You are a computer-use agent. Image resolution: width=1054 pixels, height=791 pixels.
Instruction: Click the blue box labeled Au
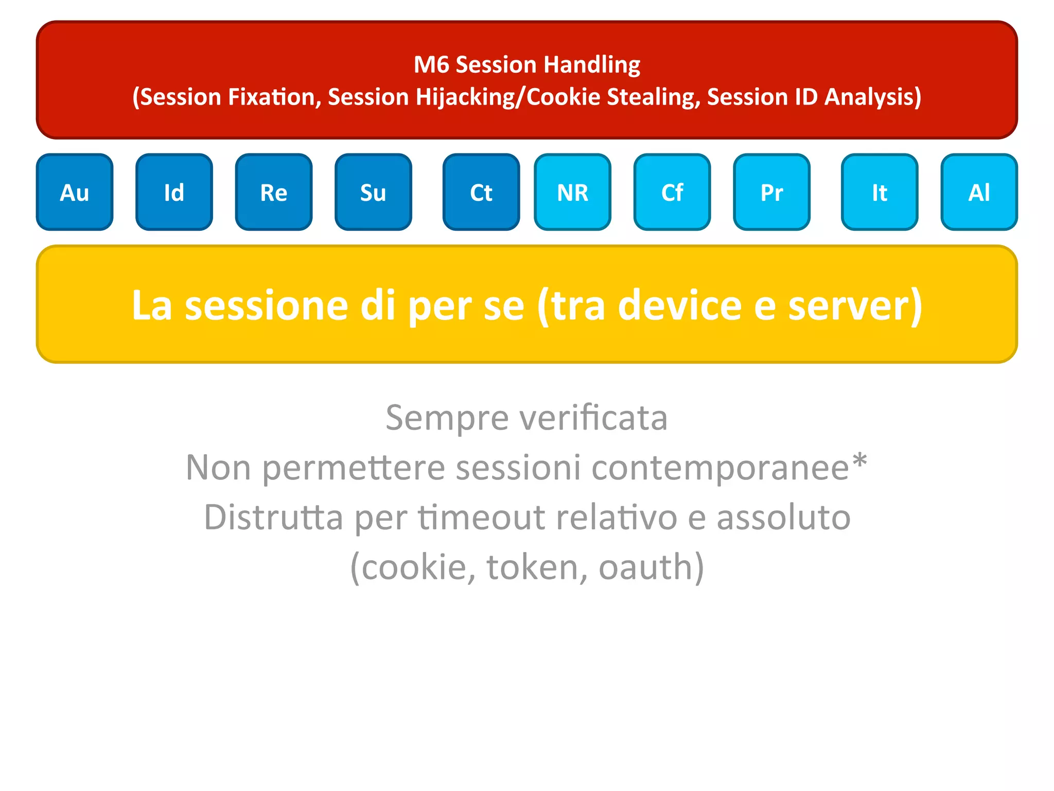(x=75, y=192)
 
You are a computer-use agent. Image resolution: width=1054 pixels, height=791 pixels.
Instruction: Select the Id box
(x=174, y=192)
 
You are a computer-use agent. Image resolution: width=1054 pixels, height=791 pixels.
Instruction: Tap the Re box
(x=273, y=192)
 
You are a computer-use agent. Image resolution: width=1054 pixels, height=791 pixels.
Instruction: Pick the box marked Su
(x=373, y=192)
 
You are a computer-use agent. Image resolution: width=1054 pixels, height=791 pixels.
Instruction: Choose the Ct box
(x=481, y=192)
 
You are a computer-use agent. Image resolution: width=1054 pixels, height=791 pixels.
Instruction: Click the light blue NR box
(x=572, y=192)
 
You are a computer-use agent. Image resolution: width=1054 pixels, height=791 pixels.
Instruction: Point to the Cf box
(x=672, y=192)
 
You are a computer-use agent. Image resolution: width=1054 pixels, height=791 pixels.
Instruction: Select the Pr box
(x=771, y=192)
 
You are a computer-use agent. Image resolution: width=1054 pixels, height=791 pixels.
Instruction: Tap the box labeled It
(x=880, y=192)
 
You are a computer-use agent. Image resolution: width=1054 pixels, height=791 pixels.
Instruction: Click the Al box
(x=979, y=192)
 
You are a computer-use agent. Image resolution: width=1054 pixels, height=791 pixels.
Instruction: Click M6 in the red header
(x=431, y=65)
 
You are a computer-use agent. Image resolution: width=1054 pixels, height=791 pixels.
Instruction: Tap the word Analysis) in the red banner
(x=872, y=97)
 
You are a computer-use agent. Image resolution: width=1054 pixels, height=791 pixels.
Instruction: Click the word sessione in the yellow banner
(x=266, y=306)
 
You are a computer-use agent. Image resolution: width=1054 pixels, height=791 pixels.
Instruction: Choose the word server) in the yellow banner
(x=855, y=306)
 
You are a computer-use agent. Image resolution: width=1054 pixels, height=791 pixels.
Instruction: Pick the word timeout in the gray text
(x=481, y=517)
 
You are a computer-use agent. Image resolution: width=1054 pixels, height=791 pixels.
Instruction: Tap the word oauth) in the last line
(x=651, y=567)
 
